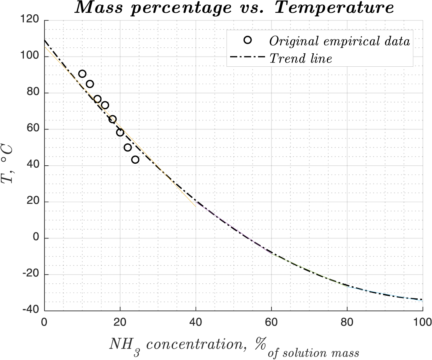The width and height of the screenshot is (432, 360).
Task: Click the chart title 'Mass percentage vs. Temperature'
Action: pos(235,8)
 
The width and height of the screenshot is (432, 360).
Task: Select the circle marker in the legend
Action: pos(248,40)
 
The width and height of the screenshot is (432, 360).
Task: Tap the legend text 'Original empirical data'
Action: pos(339,41)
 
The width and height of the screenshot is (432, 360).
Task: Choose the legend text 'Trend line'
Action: pos(300,59)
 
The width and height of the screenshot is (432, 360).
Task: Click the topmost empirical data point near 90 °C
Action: pos(82,74)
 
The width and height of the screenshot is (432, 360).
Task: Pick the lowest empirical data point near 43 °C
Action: pos(135,160)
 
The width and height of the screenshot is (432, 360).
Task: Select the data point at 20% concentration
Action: pos(120,132)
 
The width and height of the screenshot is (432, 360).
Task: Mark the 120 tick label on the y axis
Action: pos(32,20)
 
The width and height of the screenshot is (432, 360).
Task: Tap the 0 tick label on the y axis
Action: pos(36,238)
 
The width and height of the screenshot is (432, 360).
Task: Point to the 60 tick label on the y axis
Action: pos(34,129)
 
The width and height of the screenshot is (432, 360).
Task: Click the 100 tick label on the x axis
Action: pos(422,321)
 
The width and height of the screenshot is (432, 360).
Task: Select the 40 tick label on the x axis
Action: pos(196,321)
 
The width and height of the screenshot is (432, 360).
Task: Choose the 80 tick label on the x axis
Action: pos(347,321)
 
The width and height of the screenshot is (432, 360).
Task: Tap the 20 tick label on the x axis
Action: pos(120,321)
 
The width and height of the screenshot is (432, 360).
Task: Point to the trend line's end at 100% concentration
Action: pos(422,300)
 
